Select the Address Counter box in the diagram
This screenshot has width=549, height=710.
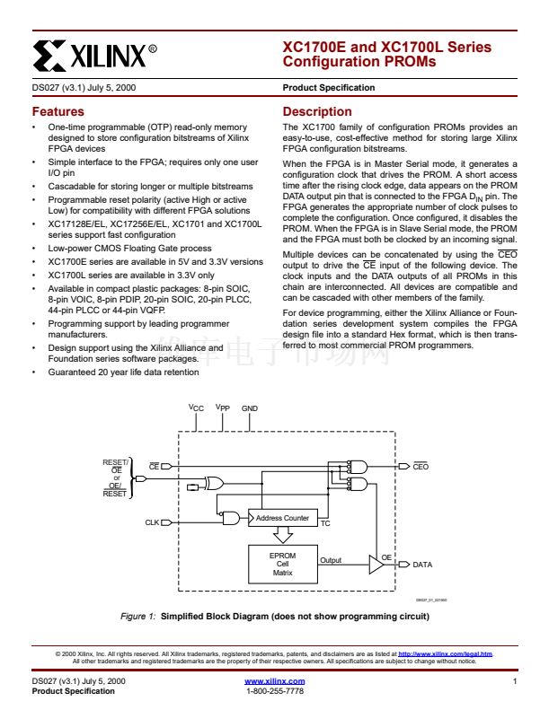282,518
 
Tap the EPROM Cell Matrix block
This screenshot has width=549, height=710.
282,564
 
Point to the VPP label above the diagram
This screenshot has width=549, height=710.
223,408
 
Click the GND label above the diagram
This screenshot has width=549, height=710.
250,408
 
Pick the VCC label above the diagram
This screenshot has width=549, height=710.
196,408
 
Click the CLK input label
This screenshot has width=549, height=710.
152,521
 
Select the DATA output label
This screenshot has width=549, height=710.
422,565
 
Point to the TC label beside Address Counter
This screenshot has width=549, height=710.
325,522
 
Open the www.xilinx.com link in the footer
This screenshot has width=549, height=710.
274,682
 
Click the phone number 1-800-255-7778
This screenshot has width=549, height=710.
274,691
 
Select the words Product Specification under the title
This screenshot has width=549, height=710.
328,88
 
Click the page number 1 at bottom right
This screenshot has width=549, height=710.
516,682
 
